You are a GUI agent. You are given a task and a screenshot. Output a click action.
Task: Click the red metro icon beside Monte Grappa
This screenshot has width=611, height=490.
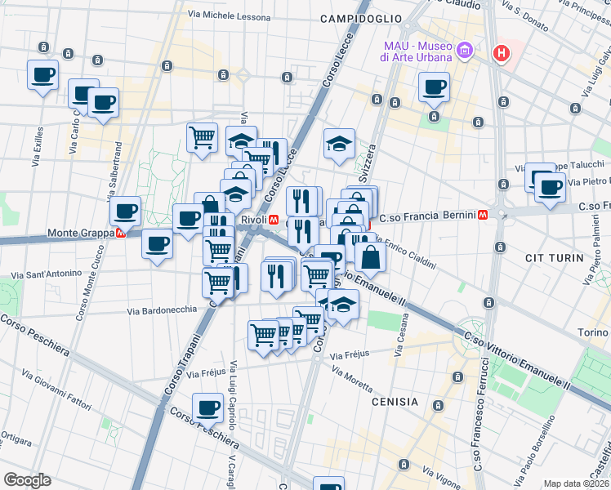(121, 233)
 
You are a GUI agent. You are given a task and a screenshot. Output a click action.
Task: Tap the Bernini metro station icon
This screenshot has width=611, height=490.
(484, 216)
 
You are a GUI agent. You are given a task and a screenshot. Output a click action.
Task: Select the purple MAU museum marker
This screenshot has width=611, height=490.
(465, 51)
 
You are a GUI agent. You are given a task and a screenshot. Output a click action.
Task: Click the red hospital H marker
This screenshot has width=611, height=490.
(502, 54)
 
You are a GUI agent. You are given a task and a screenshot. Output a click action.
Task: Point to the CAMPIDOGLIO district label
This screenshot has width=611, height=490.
(361, 18)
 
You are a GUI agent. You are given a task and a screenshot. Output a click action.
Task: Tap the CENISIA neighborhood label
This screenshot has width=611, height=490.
(395, 402)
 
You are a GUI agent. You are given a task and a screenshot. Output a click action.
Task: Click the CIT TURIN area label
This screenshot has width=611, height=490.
(555, 258)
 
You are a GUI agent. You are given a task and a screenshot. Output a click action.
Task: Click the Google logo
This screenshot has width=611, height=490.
(27, 480)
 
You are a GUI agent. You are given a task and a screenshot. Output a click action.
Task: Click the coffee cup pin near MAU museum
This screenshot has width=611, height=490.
(434, 87)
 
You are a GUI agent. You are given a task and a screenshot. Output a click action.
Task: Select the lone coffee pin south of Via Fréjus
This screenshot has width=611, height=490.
(207, 408)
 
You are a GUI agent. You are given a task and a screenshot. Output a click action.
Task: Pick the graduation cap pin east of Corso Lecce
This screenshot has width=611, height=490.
(339, 144)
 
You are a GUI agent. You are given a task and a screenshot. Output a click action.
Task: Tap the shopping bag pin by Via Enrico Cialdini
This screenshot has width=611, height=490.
(370, 257)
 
